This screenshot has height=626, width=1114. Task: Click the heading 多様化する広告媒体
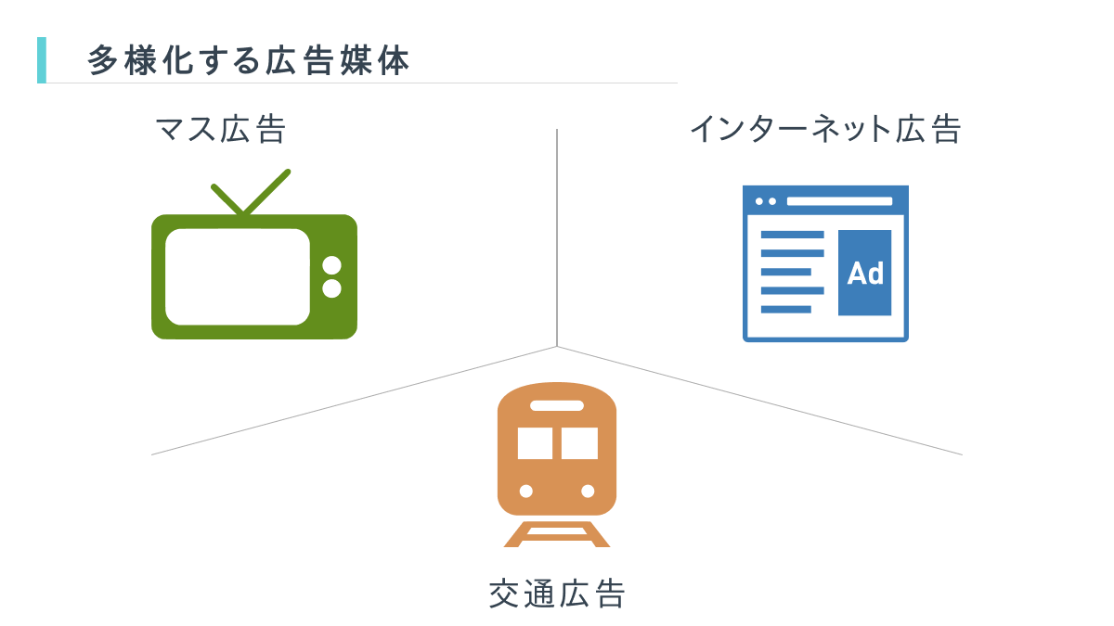(249, 61)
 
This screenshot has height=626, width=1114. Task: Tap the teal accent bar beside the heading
(41, 60)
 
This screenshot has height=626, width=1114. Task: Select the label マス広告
(221, 130)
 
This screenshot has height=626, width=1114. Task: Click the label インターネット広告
(824, 130)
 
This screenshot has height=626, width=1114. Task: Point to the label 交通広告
(557, 594)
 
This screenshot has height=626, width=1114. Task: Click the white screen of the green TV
(238, 276)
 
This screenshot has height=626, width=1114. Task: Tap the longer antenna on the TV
(267, 192)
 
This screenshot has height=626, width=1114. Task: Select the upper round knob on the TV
(331, 265)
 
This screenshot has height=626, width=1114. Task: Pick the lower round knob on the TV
(331, 288)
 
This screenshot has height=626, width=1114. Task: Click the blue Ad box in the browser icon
(864, 273)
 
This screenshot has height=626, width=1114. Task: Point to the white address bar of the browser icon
(839, 201)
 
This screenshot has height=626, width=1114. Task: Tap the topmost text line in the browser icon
(792, 235)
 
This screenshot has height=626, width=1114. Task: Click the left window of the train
(536, 443)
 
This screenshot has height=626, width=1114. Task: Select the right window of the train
(579, 443)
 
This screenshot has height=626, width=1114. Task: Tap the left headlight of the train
(526, 491)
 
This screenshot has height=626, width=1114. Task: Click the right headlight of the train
(588, 491)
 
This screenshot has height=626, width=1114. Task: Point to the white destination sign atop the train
(557, 405)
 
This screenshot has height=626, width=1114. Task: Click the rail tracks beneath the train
(557, 534)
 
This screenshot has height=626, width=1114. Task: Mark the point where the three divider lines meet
(557, 347)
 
